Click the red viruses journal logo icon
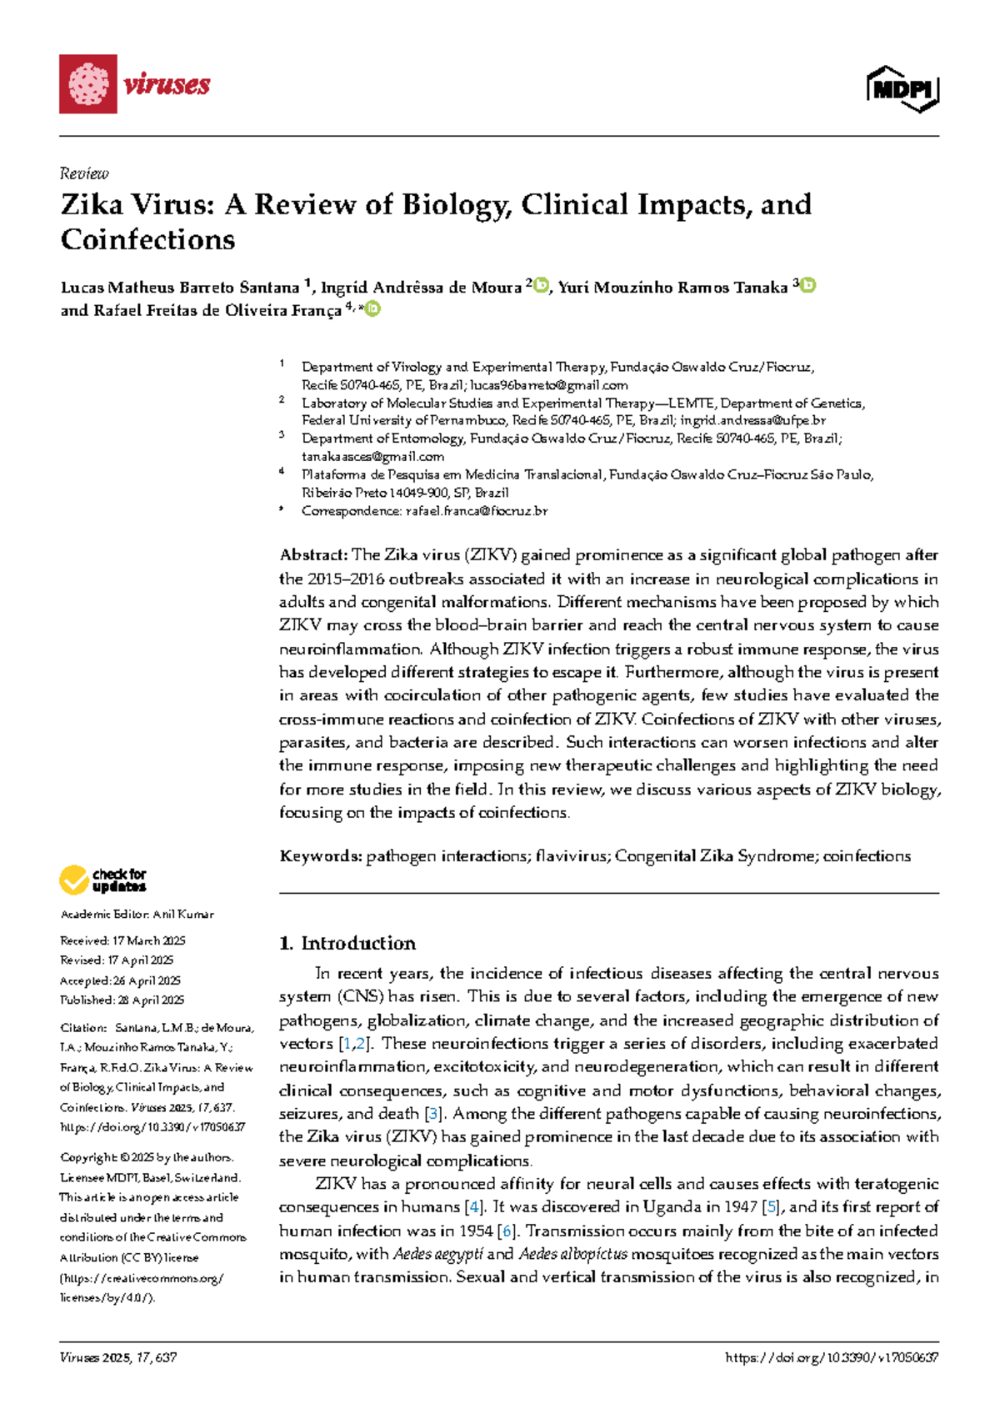(x=87, y=83)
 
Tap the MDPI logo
(x=902, y=88)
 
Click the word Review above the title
(x=84, y=173)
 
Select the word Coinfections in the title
(x=147, y=240)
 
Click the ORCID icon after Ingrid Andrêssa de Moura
(x=542, y=285)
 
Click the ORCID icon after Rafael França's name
(x=372, y=308)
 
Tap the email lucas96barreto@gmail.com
(x=548, y=385)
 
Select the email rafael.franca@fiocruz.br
(x=476, y=510)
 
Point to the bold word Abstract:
(x=313, y=555)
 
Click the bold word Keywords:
(x=320, y=856)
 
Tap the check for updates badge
(x=102, y=880)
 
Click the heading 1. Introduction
(x=347, y=943)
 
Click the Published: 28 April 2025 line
(x=122, y=1000)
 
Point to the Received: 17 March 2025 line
(x=122, y=940)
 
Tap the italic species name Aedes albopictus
(x=572, y=1254)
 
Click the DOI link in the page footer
(x=832, y=1357)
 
